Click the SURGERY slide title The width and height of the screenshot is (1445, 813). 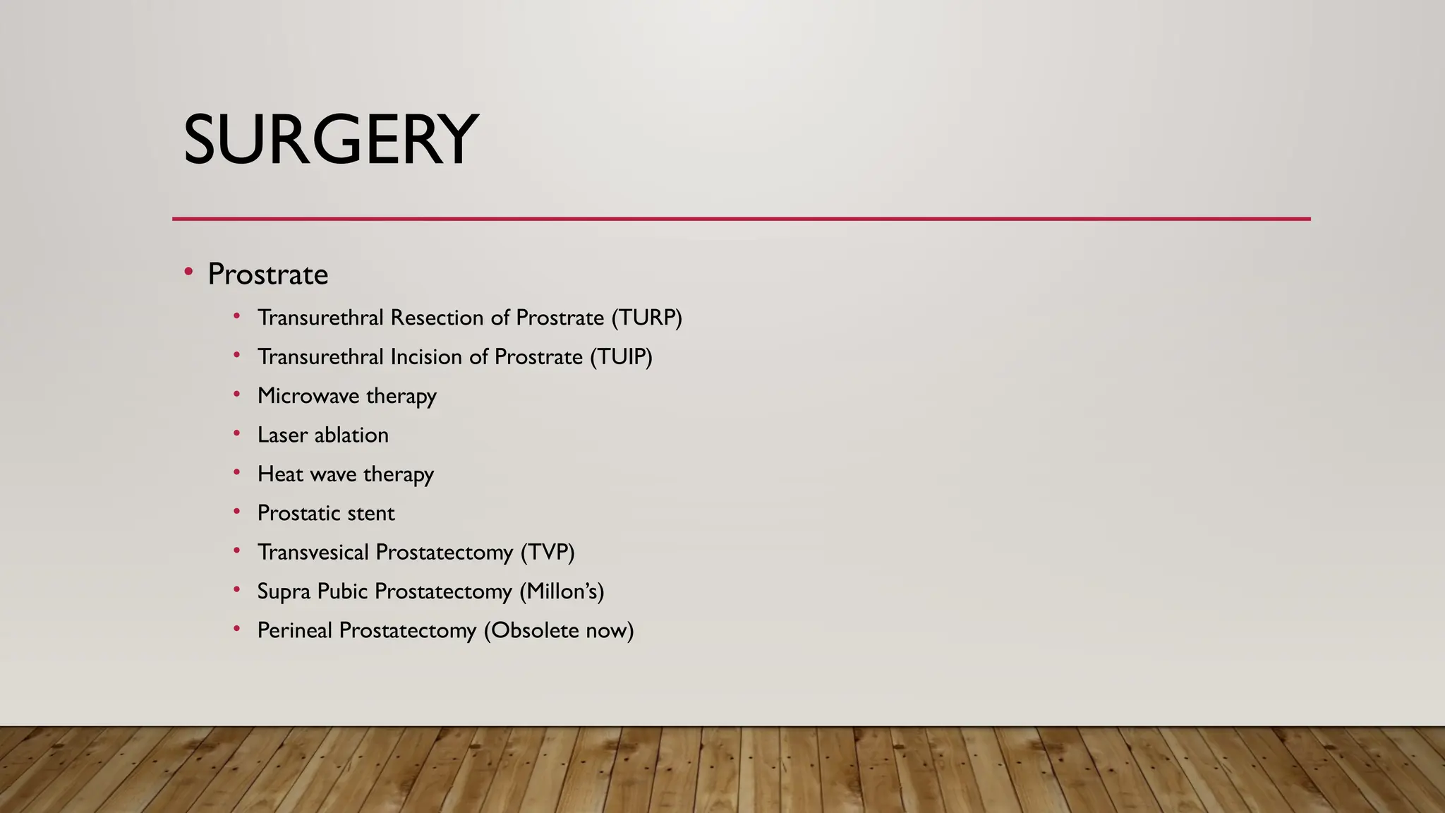coord(330,140)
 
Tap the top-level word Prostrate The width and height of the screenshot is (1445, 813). coord(267,275)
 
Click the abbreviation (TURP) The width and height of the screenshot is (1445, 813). coord(646,318)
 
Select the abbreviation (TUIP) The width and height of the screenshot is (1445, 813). coord(621,357)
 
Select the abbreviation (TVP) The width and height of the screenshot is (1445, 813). coord(548,553)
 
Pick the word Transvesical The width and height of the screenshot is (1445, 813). coord(313,552)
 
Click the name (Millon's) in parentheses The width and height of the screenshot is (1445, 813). coord(562,591)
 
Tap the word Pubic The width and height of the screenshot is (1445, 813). coord(342,591)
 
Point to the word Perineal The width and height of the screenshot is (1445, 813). coord(294,630)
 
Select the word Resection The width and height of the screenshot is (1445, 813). coord(437,318)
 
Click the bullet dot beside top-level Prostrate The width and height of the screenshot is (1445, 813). coord(188,272)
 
